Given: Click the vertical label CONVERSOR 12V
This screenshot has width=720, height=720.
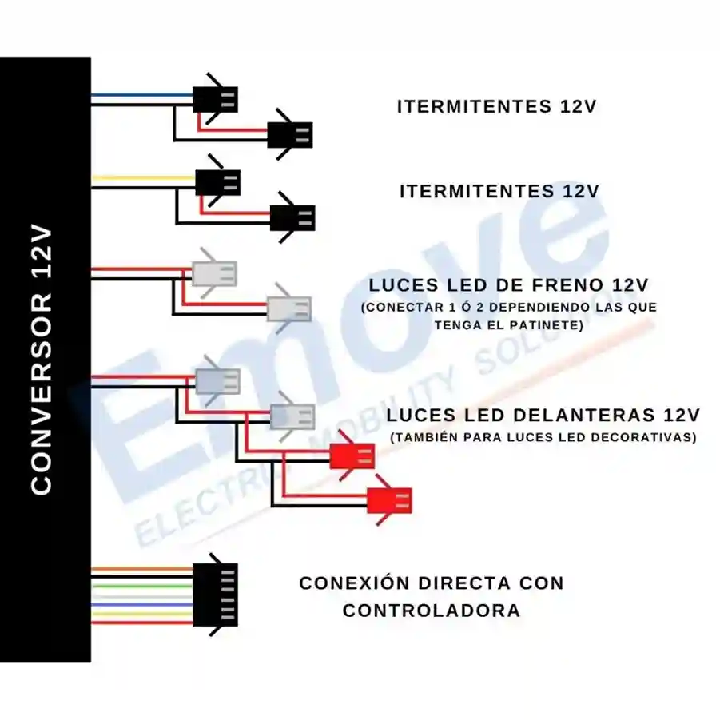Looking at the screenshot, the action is pyautogui.click(x=42, y=360).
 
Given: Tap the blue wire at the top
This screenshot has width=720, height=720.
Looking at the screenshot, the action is pyautogui.click(x=142, y=96).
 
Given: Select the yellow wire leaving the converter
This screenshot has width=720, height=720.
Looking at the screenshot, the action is pyautogui.click(x=144, y=177).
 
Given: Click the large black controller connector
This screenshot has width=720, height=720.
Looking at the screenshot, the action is pyautogui.click(x=215, y=595).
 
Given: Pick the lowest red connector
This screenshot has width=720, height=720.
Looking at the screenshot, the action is pyautogui.click(x=389, y=500).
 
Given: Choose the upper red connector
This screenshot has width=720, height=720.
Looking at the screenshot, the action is pyautogui.click(x=352, y=456).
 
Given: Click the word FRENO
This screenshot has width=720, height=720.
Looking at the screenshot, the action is pyautogui.click(x=568, y=285).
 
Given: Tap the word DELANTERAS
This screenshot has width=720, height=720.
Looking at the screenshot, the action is pyautogui.click(x=584, y=415).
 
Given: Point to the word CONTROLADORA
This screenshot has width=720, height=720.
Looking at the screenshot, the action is pyautogui.click(x=432, y=611).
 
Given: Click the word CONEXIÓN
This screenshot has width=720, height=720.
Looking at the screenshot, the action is pyautogui.click(x=355, y=583).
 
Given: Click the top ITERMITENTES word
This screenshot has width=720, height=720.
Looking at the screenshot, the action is pyautogui.click(x=475, y=106).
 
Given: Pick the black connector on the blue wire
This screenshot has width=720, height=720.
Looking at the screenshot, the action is pyautogui.click(x=215, y=99).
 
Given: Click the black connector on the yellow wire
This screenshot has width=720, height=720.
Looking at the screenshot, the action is pyautogui.click(x=217, y=182).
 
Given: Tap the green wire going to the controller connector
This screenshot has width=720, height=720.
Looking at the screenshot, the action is pyautogui.click(x=142, y=586).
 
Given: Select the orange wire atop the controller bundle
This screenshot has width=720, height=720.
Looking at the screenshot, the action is pyautogui.click(x=142, y=569).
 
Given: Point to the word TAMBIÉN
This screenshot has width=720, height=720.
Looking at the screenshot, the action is pyautogui.click(x=425, y=437).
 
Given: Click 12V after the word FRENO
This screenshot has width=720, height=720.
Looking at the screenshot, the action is pyautogui.click(x=630, y=285).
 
